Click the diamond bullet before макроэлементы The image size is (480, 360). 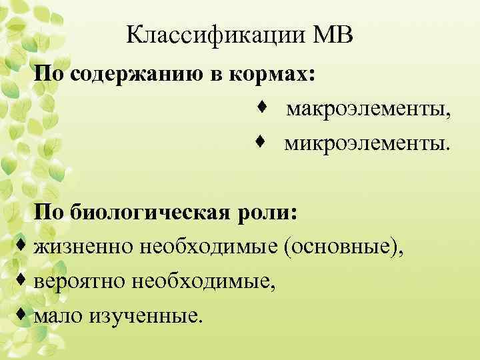(262, 107)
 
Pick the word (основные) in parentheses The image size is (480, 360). (343, 248)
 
